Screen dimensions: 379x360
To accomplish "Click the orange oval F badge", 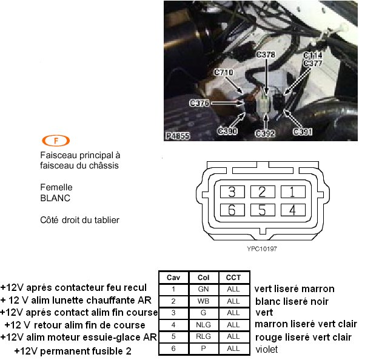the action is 56,141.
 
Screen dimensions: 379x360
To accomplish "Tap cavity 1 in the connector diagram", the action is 293,192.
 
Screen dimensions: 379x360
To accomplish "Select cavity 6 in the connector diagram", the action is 232,210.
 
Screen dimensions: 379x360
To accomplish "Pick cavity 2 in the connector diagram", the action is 263,192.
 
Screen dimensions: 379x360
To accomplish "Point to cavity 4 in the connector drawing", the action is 293,210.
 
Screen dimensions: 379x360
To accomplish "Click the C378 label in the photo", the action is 266,55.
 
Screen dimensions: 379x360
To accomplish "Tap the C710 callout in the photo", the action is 224,72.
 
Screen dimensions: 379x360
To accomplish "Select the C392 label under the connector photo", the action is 265,133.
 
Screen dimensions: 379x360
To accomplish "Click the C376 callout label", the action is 200,103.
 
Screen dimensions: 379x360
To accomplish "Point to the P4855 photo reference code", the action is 178,136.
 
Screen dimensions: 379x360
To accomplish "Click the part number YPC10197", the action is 262,249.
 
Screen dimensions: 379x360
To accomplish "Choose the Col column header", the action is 203,278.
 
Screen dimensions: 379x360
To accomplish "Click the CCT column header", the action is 233,278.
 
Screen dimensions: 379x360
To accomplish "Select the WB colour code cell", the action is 203,301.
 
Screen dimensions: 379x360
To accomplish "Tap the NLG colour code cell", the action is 203,325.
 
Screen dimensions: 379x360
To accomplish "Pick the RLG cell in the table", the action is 203,336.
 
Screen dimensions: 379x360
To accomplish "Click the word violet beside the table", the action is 267,349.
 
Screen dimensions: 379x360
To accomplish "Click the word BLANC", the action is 55,198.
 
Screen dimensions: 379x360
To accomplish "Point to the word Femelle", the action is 56,187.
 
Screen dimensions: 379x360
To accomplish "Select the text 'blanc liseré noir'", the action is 292,301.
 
